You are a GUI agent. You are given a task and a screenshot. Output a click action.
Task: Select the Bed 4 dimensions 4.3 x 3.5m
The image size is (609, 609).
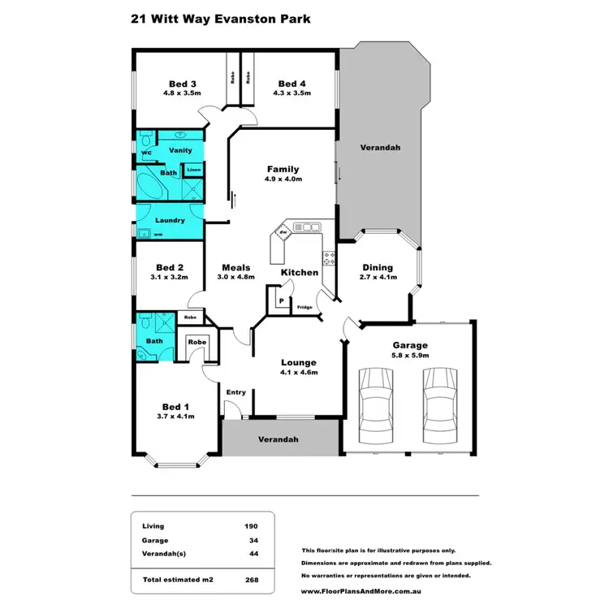click(x=292, y=94)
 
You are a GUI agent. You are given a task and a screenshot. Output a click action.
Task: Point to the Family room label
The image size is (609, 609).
click(x=283, y=169)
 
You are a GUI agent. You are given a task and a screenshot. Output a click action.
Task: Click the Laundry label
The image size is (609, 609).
click(x=170, y=220)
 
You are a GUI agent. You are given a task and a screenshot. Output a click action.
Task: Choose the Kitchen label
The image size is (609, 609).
click(x=300, y=272)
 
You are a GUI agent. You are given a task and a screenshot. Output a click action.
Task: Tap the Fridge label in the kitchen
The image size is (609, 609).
click(x=304, y=307)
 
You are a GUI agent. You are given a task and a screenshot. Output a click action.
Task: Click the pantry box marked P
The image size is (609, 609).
click(x=281, y=301)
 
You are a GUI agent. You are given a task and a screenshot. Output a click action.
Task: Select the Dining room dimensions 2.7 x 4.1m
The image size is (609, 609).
click(x=378, y=278)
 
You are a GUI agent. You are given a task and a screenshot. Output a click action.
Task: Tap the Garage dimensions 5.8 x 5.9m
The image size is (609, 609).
click(x=410, y=354)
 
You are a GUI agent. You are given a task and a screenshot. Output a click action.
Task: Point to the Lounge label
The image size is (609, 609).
click(x=298, y=362)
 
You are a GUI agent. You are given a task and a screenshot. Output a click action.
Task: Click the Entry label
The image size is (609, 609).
click(x=236, y=392)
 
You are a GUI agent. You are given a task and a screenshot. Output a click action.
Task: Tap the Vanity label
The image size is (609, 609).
click(x=179, y=151)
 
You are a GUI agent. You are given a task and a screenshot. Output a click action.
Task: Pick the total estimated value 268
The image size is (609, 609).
click(x=252, y=581)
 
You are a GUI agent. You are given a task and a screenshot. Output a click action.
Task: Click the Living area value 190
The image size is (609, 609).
click(x=252, y=526)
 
